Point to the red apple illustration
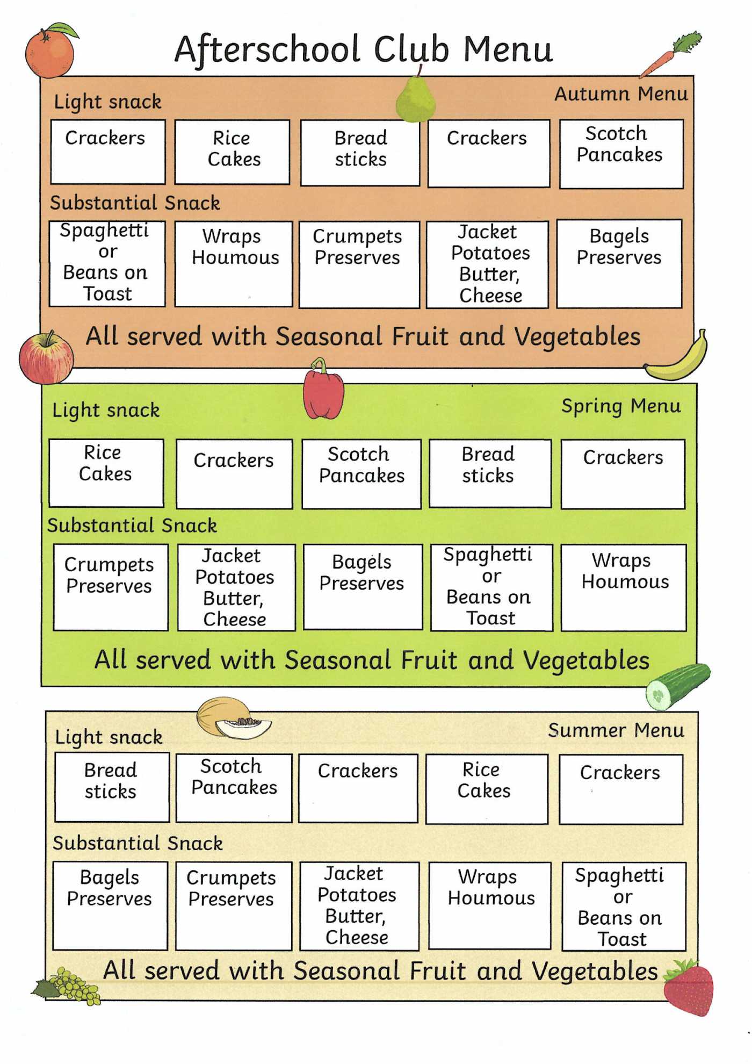coord(46,358)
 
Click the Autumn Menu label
coord(621,94)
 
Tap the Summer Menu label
coord(616,730)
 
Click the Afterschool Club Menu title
coord(364,49)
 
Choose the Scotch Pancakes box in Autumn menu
coord(621,154)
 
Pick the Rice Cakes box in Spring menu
coord(106,473)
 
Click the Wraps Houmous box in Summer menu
coord(490,906)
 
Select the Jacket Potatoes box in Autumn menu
coord(488,264)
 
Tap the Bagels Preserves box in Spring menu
coord(363,587)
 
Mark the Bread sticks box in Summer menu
coord(112,787)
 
